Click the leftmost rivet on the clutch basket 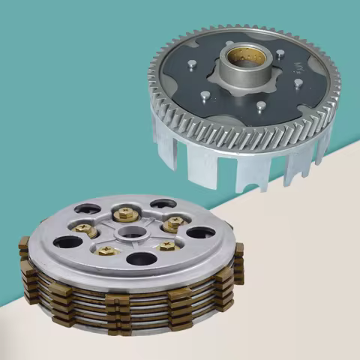(x=192, y=65)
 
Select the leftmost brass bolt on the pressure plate (x=84, y=228)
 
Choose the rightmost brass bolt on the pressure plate (x=174, y=223)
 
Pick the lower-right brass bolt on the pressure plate (x=166, y=245)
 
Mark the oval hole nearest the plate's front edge (x=141, y=259)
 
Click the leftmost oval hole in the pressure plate (x=68, y=242)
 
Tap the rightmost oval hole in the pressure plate (x=200, y=232)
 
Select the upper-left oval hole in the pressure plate (x=87, y=209)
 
